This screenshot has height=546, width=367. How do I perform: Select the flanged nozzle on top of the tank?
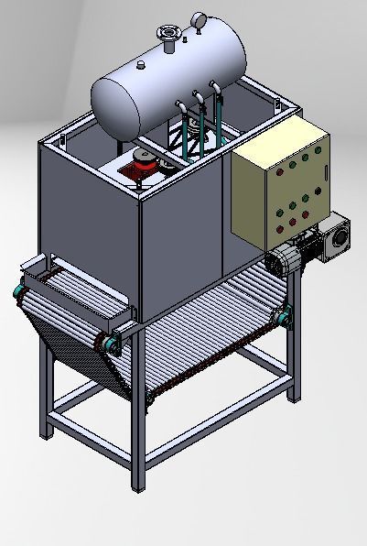point(167,36)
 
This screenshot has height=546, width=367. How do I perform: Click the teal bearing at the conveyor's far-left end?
point(17,292)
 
